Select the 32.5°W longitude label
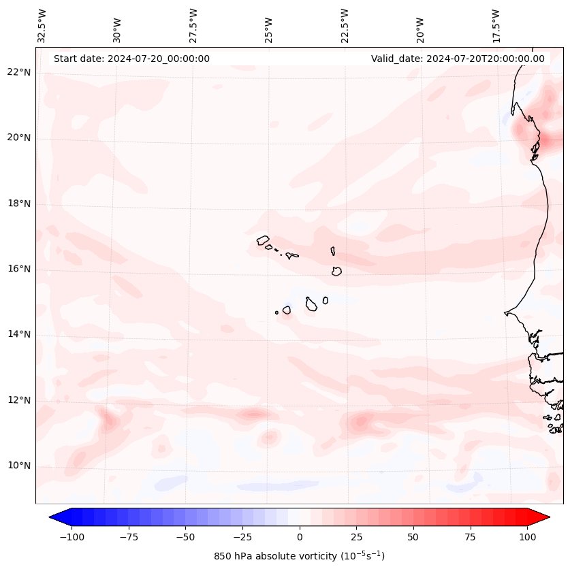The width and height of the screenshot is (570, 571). [x=42, y=25]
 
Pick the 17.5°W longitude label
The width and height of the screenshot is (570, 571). [x=496, y=25]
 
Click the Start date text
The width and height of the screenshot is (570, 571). [x=131, y=59]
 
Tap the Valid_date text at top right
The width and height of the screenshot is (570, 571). [x=458, y=59]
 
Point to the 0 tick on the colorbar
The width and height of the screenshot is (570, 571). [x=300, y=537]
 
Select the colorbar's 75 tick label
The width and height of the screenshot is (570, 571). [x=470, y=537]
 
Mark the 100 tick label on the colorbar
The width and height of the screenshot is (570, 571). [x=527, y=537]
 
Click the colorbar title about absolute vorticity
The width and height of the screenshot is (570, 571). [x=300, y=556]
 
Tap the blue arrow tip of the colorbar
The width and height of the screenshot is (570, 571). [x=53, y=517]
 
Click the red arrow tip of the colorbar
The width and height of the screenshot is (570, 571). [x=546, y=517]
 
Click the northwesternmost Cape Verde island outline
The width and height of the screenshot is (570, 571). [x=263, y=240]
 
